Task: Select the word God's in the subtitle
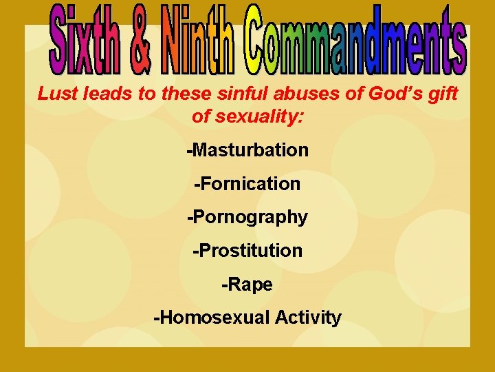tap(393, 94)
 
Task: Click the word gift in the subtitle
tap(441, 94)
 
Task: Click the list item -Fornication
tap(247, 183)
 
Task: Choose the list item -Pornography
tap(247, 218)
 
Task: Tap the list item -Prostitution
tap(247, 250)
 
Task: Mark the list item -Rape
tap(247, 285)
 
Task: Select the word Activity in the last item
tap(308, 318)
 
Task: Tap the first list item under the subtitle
tap(247, 149)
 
